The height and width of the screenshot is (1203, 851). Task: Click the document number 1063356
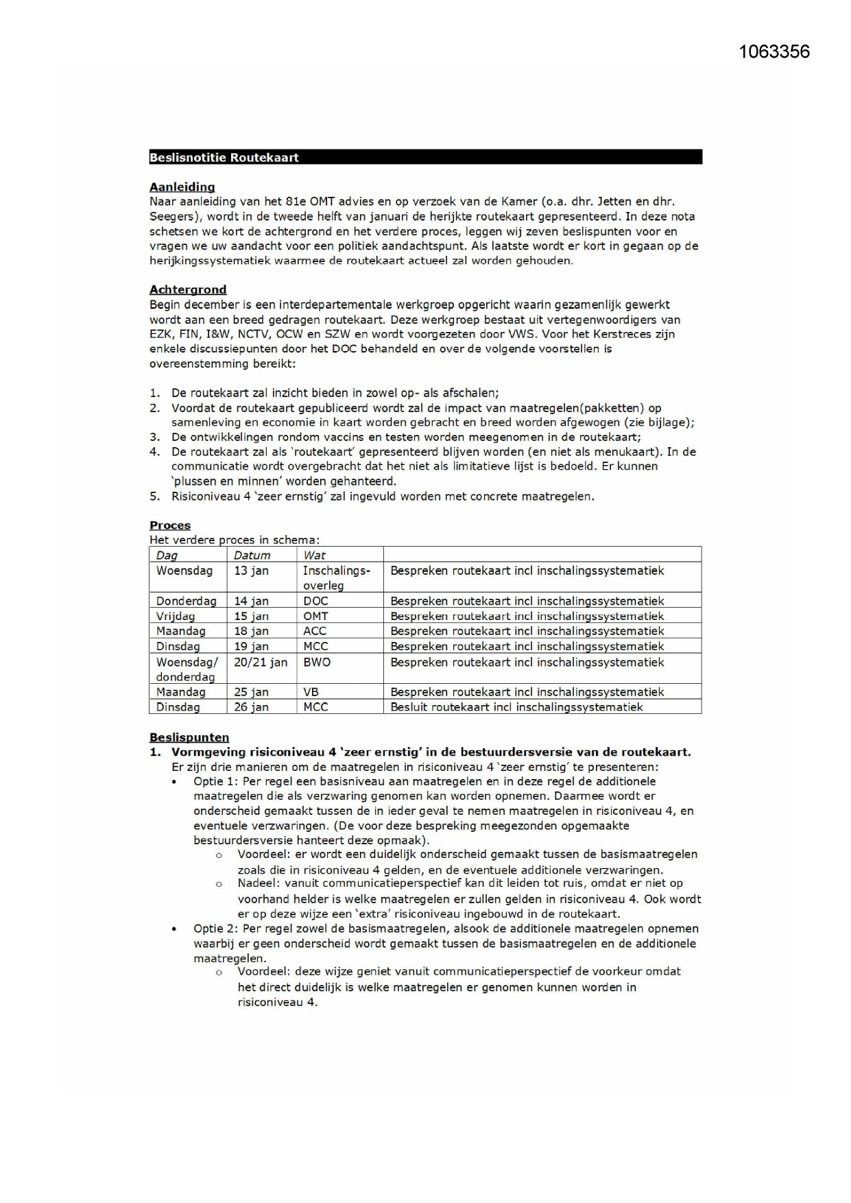pos(774,52)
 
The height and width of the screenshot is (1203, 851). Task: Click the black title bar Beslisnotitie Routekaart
pos(425,157)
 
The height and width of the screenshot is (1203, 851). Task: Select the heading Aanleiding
pos(182,187)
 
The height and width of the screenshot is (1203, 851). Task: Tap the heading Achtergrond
pos(188,289)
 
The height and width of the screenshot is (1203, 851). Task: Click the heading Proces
pos(170,525)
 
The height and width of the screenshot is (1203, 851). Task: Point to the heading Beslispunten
pos(189,737)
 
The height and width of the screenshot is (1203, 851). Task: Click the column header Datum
pos(252,555)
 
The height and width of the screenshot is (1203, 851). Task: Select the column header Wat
pos(314,555)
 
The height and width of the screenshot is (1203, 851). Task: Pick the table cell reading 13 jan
pos(251,571)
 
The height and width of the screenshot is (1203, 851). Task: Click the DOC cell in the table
pos(315,601)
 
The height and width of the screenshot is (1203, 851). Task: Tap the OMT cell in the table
pos(315,616)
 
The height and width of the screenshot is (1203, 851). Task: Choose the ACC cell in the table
pos(315,631)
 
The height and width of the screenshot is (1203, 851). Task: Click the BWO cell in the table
pos(317,662)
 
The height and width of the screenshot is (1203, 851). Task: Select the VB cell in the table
pos(311,692)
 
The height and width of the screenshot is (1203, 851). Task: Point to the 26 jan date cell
pos(251,707)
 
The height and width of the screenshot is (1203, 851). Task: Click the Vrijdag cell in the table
pos(175,616)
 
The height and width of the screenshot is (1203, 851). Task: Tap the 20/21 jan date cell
pos(261,662)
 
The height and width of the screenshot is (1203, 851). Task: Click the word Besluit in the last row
pos(409,707)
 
